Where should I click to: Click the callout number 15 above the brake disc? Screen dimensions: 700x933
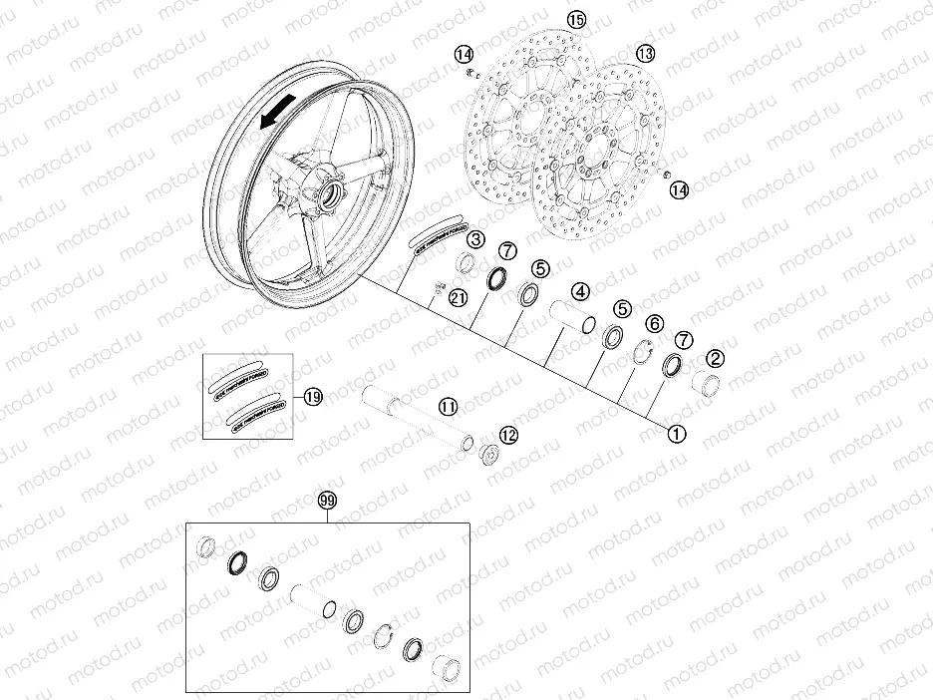tap(576, 19)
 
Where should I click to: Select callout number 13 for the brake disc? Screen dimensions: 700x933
tap(646, 53)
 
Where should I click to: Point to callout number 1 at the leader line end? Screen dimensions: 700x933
tap(676, 434)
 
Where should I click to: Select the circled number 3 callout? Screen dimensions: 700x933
tap(477, 239)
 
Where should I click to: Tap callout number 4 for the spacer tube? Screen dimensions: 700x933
tap(578, 292)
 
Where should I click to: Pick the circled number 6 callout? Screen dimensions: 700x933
tap(655, 323)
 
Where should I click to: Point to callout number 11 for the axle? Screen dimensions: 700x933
tap(448, 406)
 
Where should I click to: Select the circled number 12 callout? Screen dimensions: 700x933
tap(508, 435)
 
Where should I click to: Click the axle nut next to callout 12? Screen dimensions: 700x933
tap(487, 454)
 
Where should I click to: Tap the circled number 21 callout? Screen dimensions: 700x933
tap(458, 297)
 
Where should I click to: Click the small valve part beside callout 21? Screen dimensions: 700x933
tap(437, 291)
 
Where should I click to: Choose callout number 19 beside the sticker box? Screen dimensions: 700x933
tap(314, 397)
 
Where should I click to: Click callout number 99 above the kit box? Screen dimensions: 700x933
tap(327, 501)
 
